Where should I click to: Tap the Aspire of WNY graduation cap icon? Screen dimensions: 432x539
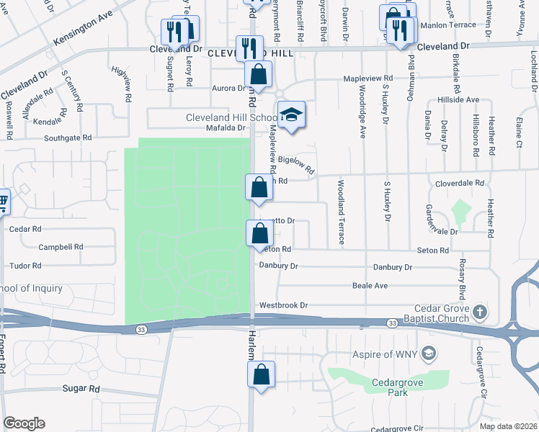coord(429,353)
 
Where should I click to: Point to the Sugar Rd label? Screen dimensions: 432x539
coord(81,388)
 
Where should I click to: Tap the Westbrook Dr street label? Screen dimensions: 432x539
coord(284,305)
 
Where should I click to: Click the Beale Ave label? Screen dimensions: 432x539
coord(370,286)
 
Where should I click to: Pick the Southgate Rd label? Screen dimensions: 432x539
coord(68,137)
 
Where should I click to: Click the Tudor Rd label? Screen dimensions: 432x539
coord(26,266)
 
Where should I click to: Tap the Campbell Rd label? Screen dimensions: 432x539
coord(61,247)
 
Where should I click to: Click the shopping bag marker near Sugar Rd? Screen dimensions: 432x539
coord(261,374)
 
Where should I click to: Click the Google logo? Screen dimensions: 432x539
coord(24,423)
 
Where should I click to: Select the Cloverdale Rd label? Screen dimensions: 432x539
coord(459,184)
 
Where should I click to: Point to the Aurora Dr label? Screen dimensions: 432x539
coord(228,88)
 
